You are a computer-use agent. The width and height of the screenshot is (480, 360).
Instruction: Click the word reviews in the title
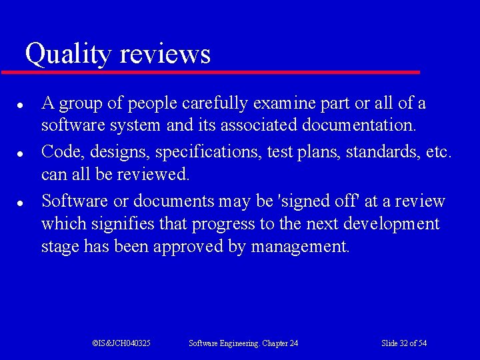pos(165,53)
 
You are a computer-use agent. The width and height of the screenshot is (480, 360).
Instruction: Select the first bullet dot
pos(21,105)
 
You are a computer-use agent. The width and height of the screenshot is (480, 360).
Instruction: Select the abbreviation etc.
pos(439,152)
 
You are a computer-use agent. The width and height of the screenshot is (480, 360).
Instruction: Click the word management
pos(300,247)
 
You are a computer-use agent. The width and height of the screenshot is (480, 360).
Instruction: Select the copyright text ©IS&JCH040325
pos(121,343)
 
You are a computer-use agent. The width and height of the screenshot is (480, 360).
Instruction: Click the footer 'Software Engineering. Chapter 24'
pos(243,343)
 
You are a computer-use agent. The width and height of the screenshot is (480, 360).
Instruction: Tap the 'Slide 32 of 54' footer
pos(404,343)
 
